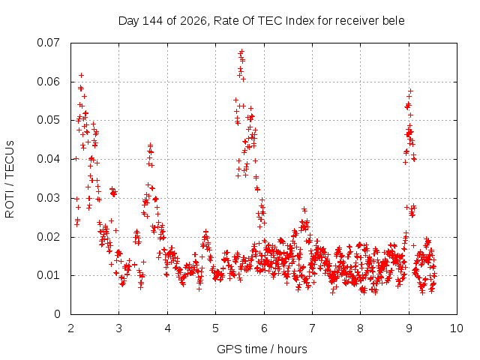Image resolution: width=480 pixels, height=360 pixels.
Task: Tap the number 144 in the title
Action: pos(153,21)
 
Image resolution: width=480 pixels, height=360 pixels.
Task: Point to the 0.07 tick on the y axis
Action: pos(48,43)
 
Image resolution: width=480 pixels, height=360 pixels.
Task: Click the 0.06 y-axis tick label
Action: pos(48,82)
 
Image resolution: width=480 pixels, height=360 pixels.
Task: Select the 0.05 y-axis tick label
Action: pos(48,120)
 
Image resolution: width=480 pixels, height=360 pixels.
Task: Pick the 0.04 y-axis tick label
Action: pos(48,159)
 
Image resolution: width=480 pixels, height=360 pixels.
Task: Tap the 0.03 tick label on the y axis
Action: pos(48,198)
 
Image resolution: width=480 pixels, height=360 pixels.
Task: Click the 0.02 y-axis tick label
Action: pos(48,237)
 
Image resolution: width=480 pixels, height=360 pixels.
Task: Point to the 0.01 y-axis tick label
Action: pos(48,275)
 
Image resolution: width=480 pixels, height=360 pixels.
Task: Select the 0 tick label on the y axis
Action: pos(57,314)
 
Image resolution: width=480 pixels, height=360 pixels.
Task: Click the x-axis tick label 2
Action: pos(71,328)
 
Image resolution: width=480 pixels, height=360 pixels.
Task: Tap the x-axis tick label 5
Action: pos(215,328)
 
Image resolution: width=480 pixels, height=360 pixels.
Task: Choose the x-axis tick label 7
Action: pos(312,328)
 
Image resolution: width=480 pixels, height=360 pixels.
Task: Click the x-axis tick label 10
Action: pos(457,328)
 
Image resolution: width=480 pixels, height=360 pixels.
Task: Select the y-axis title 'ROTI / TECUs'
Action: pos(10,179)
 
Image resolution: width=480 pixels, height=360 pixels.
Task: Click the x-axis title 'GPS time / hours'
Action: pos(262,349)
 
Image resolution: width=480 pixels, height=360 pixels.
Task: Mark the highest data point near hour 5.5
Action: pos(241,51)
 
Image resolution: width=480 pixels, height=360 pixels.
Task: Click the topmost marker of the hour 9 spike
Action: pos(410,91)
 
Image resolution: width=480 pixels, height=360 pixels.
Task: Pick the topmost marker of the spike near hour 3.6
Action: pos(150,145)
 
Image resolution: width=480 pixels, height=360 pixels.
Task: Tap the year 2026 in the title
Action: pos(193,21)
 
